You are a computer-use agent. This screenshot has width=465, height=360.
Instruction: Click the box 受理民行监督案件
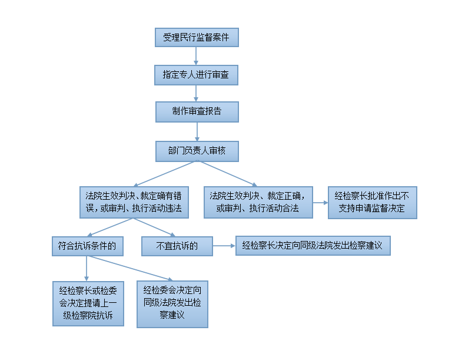pos(197,37)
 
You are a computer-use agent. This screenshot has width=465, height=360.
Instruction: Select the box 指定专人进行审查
pos(197,75)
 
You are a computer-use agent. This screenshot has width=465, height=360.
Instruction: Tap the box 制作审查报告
pos(197,112)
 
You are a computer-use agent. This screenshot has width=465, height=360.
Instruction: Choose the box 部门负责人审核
pos(197,151)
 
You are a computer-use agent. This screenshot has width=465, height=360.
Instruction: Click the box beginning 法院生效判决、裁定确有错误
pos(134,203)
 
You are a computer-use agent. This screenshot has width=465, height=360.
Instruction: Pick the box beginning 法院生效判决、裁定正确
pos(258,203)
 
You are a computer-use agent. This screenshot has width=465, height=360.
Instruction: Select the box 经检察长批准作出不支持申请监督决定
pos(373,203)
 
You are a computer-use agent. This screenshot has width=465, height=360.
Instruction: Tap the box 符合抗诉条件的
pos(88,246)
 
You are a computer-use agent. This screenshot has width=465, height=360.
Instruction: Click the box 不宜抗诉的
pos(177,246)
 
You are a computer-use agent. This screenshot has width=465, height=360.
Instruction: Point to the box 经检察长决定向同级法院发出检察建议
pos(313,246)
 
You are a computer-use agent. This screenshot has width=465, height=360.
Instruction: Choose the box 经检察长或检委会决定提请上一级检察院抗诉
pos(88,303)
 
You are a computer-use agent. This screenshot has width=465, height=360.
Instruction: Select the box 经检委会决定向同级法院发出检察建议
pos(172,304)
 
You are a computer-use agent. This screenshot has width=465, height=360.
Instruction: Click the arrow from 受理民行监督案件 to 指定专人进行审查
pos(196,56)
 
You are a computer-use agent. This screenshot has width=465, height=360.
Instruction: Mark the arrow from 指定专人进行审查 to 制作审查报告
pos(196,94)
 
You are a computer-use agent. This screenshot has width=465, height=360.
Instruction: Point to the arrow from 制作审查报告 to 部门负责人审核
pos(197,132)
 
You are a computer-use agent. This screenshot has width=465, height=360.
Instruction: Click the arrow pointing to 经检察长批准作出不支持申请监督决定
pos(321,203)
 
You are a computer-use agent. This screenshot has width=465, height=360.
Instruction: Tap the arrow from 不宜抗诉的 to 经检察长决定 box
pos(224,246)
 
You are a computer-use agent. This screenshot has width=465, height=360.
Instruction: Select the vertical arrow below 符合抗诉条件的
pos(87,269)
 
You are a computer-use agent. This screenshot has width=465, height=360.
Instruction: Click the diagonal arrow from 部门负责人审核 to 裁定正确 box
pos(227,174)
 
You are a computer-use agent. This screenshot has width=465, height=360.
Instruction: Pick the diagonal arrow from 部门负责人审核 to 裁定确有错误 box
pos(165,174)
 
